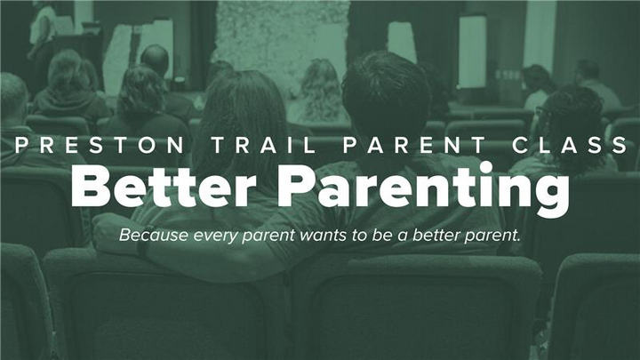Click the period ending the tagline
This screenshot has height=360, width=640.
[x=519, y=241]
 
